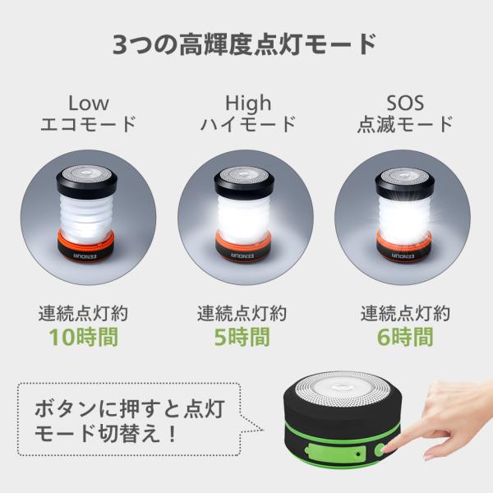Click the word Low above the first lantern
(x=89, y=103)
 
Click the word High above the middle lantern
(x=248, y=103)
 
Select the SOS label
(x=405, y=103)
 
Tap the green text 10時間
(x=84, y=337)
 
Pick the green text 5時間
(x=242, y=337)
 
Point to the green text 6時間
(x=405, y=337)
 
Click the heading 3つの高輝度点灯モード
(x=244, y=44)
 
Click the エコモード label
(x=89, y=123)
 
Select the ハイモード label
(x=248, y=123)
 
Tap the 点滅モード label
(x=405, y=123)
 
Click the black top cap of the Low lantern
(x=87, y=182)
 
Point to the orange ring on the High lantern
(x=243, y=241)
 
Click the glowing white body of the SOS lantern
(x=404, y=218)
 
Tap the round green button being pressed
(x=380, y=450)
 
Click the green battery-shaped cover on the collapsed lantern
(x=335, y=454)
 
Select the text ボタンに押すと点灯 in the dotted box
(x=130, y=408)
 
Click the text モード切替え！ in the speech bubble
(x=106, y=434)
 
